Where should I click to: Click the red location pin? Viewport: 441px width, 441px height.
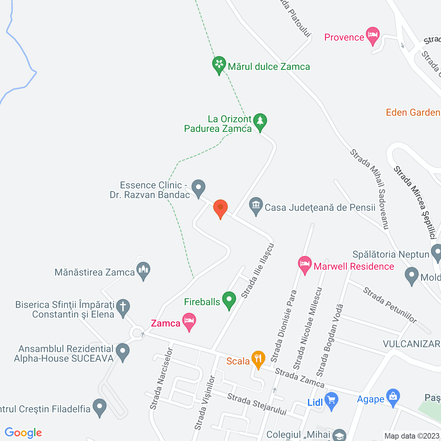click(220, 208)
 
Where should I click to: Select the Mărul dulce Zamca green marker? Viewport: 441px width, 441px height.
click(219, 65)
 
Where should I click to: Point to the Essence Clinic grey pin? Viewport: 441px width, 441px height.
click(198, 188)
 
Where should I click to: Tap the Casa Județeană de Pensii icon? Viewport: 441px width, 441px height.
click(256, 206)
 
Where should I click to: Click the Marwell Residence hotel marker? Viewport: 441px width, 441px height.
click(305, 265)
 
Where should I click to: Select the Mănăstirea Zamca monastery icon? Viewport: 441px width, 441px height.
click(143, 271)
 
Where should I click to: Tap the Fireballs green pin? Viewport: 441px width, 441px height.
click(229, 300)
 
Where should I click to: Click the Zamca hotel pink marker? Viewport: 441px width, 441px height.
click(189, 321)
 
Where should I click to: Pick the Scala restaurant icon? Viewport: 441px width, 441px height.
click(258, 359)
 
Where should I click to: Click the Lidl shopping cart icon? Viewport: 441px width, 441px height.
click(331, 401)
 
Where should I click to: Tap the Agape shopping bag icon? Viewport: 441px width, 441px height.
click(393, 397)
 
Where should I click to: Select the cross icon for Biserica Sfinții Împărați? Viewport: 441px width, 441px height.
click(123, 307)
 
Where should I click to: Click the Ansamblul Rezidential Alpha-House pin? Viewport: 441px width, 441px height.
click(123, 352)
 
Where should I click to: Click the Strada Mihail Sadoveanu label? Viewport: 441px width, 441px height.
click(370, 189)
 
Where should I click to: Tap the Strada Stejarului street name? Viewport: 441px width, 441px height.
click(257, 404)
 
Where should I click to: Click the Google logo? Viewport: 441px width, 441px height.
click(23, 433)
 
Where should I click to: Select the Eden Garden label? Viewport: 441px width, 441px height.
click(413, 112)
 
